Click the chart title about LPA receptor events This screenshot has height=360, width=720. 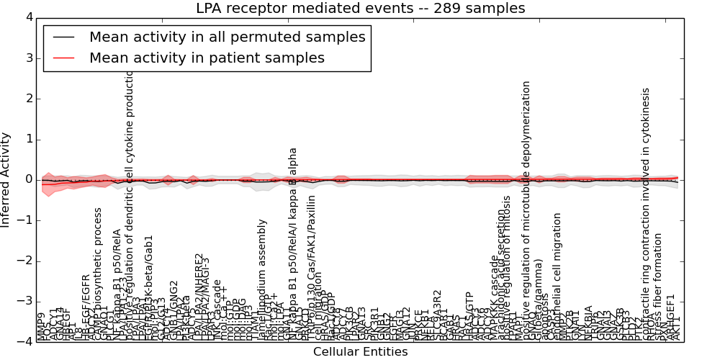360,8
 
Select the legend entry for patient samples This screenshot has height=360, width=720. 207,58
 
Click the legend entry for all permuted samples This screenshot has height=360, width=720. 227,37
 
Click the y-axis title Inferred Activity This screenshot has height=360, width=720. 6,179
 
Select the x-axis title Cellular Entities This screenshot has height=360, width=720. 360,352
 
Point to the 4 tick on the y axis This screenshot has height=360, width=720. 28,17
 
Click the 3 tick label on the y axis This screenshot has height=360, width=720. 28,58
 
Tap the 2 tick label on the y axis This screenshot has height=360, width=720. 28,99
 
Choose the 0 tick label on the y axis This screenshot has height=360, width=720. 28,179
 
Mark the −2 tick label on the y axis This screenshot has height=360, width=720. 24,261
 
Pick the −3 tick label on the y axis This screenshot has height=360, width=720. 24,301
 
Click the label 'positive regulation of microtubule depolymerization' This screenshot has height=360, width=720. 526,209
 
